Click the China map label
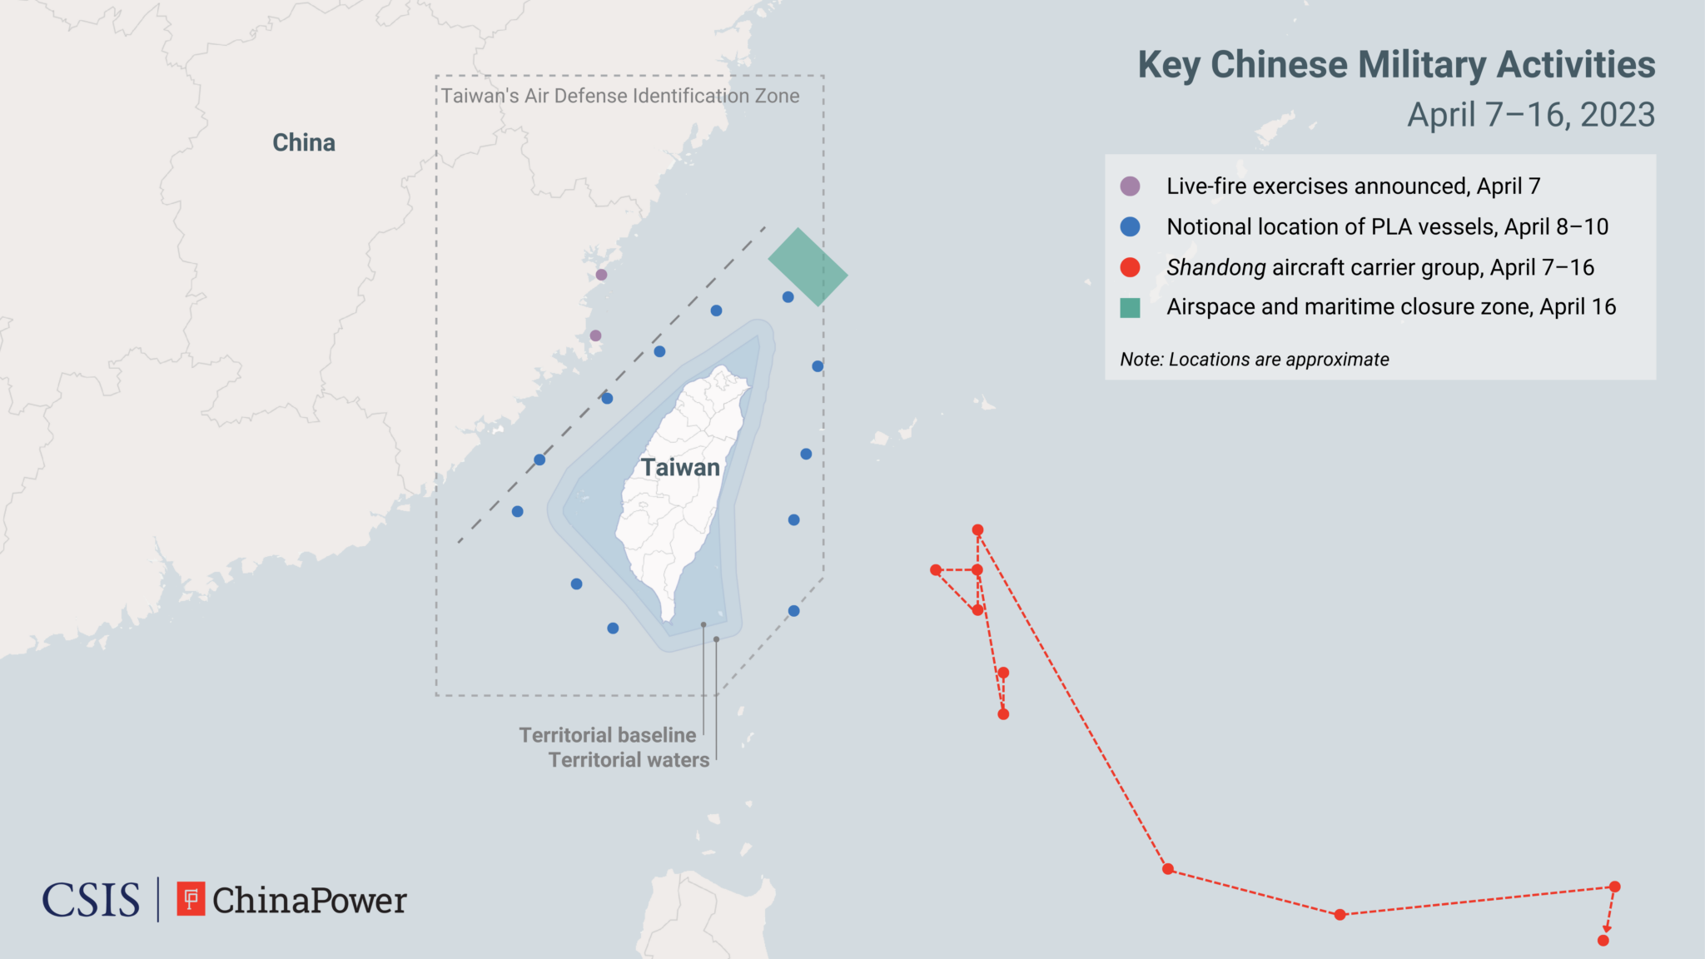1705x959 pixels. pos(304,142)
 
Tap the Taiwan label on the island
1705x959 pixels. pos(680,467)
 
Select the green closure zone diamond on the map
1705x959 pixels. pos(807,267)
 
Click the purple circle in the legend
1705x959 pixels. pos(1130,186)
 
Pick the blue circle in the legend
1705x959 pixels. pos(1130,226)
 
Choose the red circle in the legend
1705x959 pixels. pos(1130,267)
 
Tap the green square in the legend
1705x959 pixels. pos(1130,308)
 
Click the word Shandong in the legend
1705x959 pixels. pos(1215,267)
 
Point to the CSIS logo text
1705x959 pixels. pos(91,900)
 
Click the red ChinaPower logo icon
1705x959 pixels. pos(191,899)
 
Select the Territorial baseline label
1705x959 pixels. pos(607,735)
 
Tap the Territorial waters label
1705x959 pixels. pos(629,760)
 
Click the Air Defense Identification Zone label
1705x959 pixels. pos(620,96)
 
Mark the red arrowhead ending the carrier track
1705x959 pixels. pos(1607,928)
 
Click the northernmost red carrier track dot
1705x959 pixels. pos(978,530)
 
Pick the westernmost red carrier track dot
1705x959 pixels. pos(936,570)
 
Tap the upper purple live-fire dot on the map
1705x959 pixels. pos(601,275)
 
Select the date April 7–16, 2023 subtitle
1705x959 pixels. pos(1530,115)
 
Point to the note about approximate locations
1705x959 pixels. pos(1254,360)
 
